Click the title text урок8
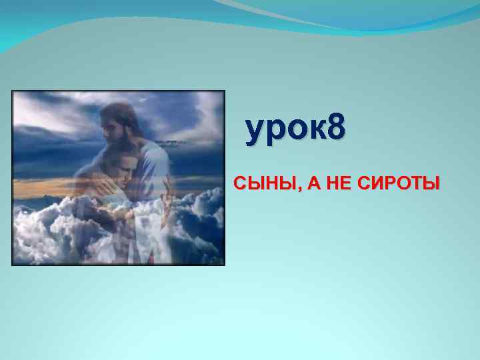[x=295, y=129]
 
